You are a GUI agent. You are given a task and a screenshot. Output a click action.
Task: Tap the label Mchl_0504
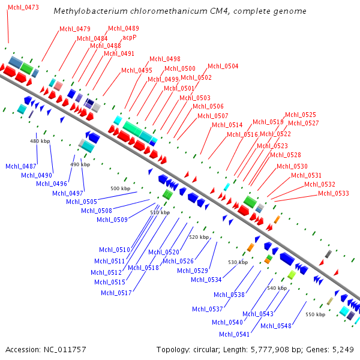tap(223, 66)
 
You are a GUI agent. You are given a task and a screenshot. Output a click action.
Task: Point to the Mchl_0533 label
tap(333, 193)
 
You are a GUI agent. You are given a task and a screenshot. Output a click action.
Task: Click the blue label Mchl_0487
tap(21, 166)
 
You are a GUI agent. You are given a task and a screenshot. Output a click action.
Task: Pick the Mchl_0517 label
tap(116, 293)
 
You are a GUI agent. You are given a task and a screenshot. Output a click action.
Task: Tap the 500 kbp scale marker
tap(120, 188)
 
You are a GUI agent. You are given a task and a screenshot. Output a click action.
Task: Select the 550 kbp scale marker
tap(315, 314)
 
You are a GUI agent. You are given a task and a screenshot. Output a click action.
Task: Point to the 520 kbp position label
tap(199, 237)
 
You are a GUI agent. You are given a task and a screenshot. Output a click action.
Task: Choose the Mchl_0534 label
tap(206, 280)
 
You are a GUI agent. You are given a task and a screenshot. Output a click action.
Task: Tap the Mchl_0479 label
tap(75, 29)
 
